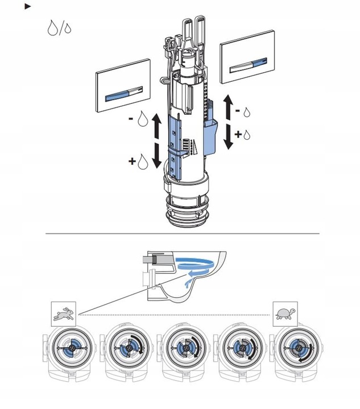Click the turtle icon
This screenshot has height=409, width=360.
click(283, 312)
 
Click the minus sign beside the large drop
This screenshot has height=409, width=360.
click(131, 120)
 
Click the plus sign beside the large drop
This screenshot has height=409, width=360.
click(132, 162)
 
